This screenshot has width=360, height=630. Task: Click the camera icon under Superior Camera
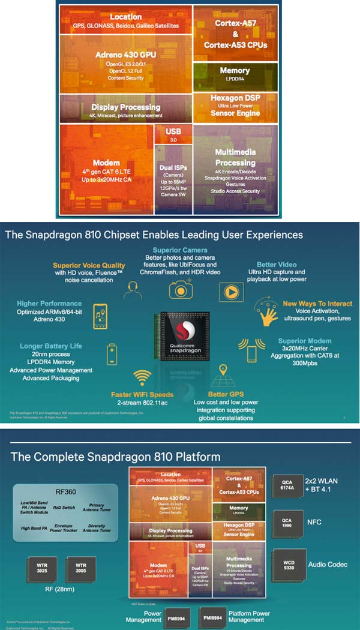(181, 290)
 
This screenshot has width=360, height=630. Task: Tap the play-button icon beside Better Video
(230, 291)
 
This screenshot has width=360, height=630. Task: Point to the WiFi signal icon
(142, 378)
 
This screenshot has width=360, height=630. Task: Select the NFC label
(315, 522)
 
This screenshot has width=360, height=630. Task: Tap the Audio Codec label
(328, 565)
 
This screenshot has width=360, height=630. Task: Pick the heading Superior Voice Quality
(89, 265)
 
